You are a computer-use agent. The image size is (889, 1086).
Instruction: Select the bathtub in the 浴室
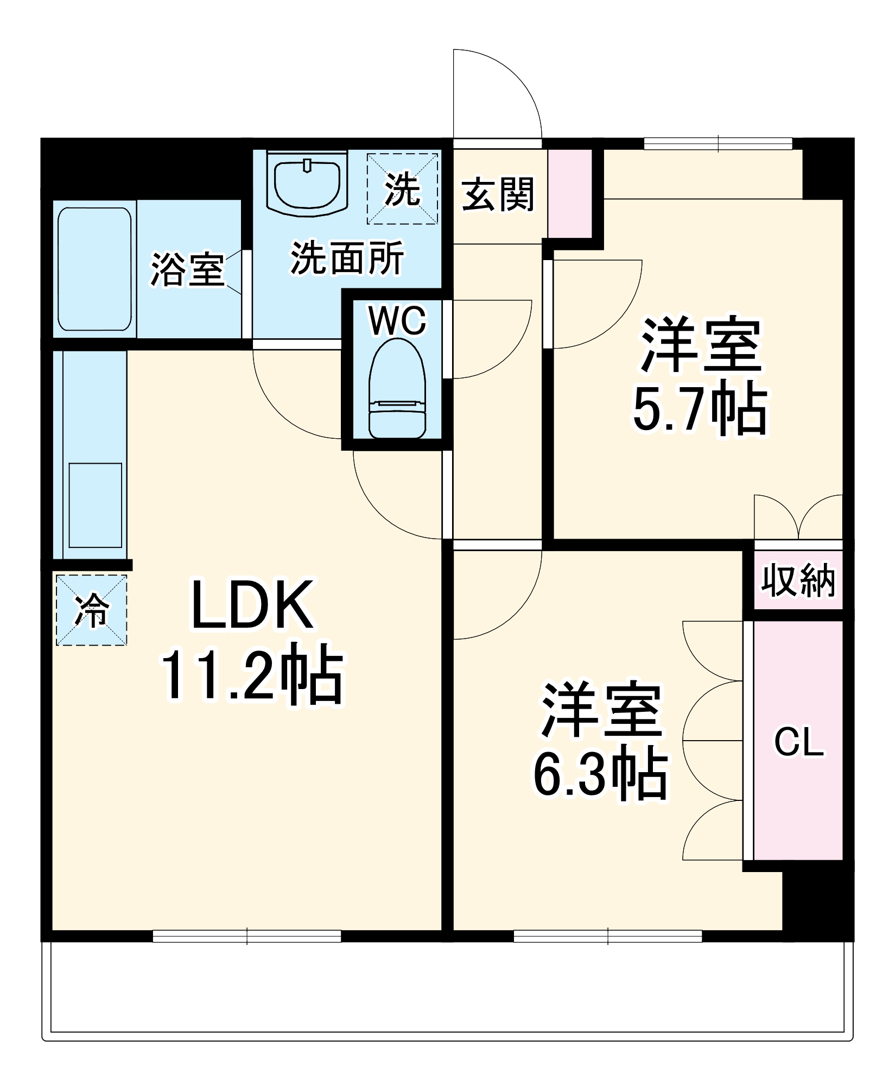point(94,269)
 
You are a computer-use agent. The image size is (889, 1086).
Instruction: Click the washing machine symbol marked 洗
point(402,188)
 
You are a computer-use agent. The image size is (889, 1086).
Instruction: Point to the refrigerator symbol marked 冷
point(91,610)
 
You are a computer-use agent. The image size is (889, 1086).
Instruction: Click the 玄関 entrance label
point(498,194)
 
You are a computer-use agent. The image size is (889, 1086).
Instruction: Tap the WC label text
point(397,320)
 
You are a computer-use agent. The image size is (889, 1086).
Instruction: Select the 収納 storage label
point(798,580)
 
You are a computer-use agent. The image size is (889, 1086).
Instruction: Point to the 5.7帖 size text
point(700,407)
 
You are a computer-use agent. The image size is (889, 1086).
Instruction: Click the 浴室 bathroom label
point(187,269)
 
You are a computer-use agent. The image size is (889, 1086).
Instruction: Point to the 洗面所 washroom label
point(347,258)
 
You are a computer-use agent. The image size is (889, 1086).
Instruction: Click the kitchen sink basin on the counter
point(95,505)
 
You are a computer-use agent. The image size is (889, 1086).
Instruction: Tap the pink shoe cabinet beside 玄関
point(569,193)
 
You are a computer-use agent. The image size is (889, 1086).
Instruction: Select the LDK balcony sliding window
point(247,936)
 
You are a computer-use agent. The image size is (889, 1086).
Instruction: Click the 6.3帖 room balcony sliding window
point(608,936)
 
